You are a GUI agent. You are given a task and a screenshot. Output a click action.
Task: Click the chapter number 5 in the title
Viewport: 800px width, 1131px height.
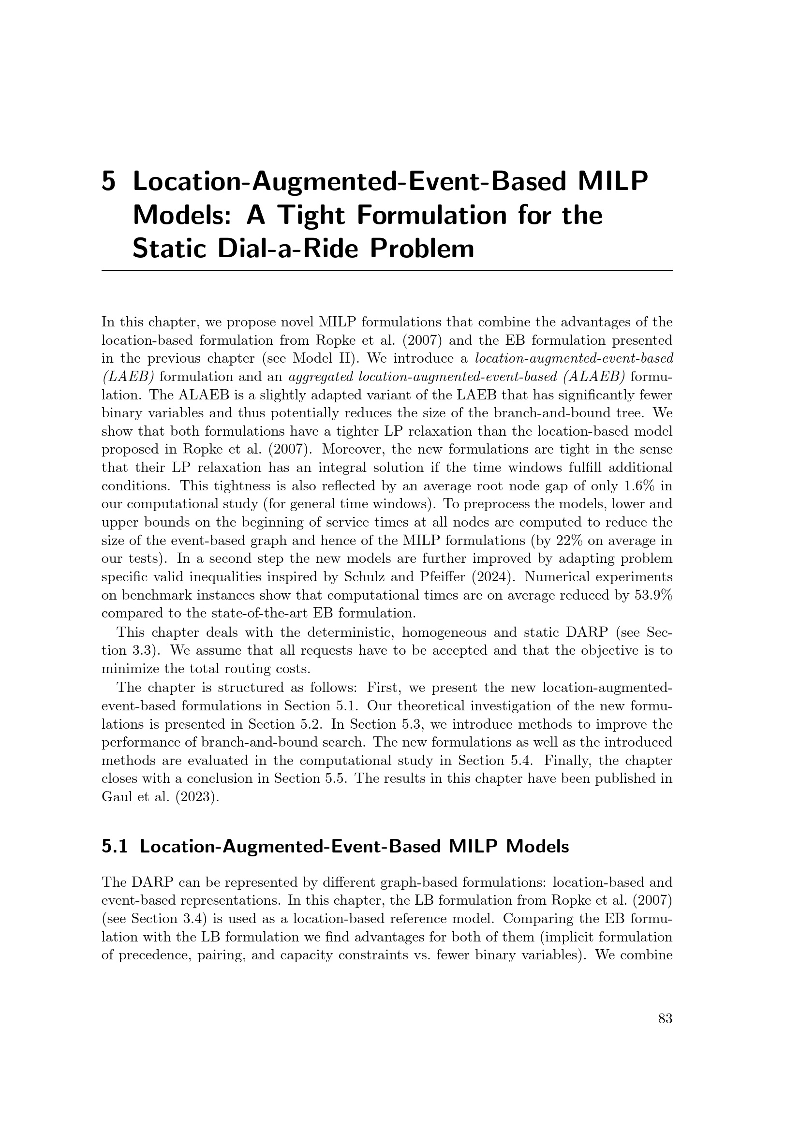click(108, 182)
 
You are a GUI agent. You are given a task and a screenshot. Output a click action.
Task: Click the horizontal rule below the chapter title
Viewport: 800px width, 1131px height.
click(387, 270)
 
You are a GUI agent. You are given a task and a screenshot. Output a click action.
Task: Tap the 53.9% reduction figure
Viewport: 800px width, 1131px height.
click(651, 595)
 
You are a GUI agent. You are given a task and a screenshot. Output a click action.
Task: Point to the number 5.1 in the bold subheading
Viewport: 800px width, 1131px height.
click(115, 847)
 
